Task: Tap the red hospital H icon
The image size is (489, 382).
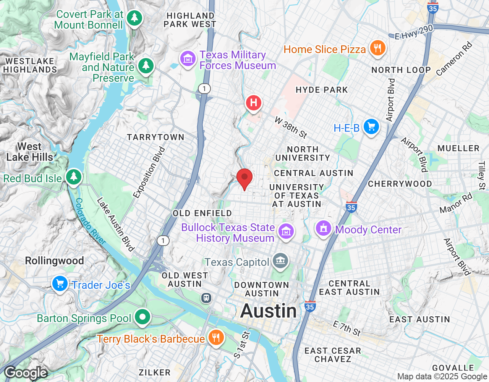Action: click(254, 103)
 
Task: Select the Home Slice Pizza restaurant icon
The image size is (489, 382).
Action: click(377, 48)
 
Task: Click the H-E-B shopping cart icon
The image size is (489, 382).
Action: click(371, 127)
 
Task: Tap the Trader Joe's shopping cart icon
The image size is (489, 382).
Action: click(60, 284)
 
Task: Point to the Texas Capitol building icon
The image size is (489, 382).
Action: click(281, 261)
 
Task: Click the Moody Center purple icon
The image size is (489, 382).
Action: click(323, 229)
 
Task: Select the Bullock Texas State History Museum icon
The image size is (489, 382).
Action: click(286, 231)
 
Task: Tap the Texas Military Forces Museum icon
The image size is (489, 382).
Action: click(188, 59)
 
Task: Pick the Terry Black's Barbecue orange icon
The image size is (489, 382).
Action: click(216, 338)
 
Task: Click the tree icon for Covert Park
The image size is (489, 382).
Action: click(134, 18)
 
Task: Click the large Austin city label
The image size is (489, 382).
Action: click(269, 311)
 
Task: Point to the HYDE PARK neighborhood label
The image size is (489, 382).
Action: click(322, 90)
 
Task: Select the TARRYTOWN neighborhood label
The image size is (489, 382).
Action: click(155, 137)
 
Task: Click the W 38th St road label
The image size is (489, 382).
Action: click(291, 128)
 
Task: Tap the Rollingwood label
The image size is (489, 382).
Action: click(54, 261)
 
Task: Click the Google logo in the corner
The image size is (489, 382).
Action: click(26, 372)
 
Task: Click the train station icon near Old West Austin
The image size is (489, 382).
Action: click(206, 298)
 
